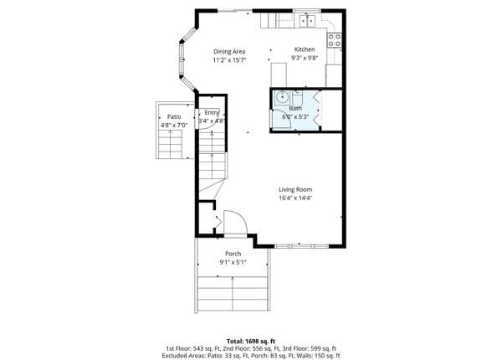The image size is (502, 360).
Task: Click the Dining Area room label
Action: tap(229, 52)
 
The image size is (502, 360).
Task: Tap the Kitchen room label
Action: tap(305, 49)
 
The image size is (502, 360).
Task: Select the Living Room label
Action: tap(295, 189)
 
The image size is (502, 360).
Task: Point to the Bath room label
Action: tap(295, 108)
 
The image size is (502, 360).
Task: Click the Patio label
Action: tap(174, 117)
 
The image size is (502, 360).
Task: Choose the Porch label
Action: tap(233, 254)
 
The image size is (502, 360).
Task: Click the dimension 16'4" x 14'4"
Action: tap(295, 198)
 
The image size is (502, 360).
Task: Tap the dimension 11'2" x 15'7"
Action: tap(229, 60)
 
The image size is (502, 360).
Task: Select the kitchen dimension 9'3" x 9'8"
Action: tap(305, 58)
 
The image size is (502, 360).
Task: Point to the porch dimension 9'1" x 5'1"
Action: tap(233, 263)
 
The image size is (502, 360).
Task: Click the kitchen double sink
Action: tap(307, 21)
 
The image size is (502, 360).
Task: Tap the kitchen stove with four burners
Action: tap(334, 40)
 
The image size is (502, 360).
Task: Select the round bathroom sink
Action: tap(283, 97)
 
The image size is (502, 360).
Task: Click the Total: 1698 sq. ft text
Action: tap(251, 341)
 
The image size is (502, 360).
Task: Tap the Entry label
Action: tap(212, 112)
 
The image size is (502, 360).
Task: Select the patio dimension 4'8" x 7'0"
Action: tap(174, 126)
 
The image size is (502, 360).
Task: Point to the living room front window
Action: tap(302, 246)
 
